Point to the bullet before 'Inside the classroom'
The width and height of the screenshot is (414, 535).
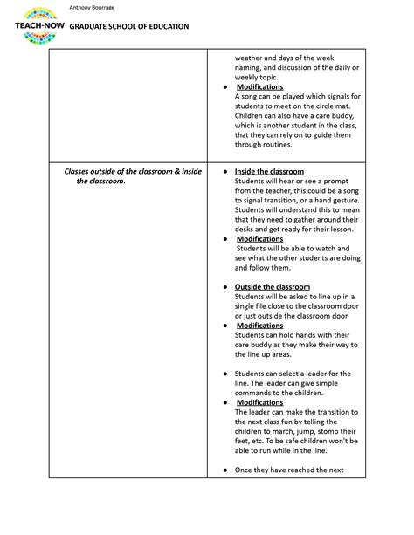coord(225,171)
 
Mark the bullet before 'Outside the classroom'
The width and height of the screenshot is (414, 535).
coord(225,286)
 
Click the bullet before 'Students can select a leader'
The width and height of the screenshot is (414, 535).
coord(225,373)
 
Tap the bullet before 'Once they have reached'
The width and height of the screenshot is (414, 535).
coord(225,470)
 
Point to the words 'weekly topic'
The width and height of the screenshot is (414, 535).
coord(260,76)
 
